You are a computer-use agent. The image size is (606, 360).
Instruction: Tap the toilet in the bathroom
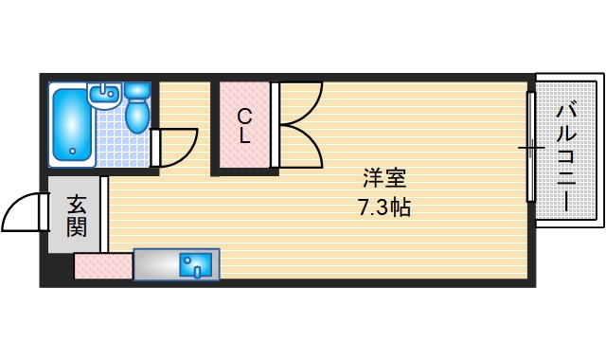click(138, 114)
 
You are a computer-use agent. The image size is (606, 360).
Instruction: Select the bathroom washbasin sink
click(103, 94)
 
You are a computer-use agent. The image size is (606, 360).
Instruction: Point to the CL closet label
click(244, 125)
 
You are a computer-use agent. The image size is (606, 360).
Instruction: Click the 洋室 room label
click(383, 178)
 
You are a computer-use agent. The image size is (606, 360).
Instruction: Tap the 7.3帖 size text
click(383, 207)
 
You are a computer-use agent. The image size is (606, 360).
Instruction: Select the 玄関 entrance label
click(77, 215)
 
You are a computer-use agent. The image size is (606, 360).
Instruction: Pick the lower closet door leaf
click(301, 147)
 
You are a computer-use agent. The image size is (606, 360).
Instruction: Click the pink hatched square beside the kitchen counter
click(102, 267)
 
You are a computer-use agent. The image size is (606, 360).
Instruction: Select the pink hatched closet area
click(244, 125)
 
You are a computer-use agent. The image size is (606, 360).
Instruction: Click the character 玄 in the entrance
click(77, 204)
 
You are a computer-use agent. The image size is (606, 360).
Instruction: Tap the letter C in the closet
click(244, 116)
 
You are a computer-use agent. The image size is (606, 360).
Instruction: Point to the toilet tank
click(138, 91)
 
